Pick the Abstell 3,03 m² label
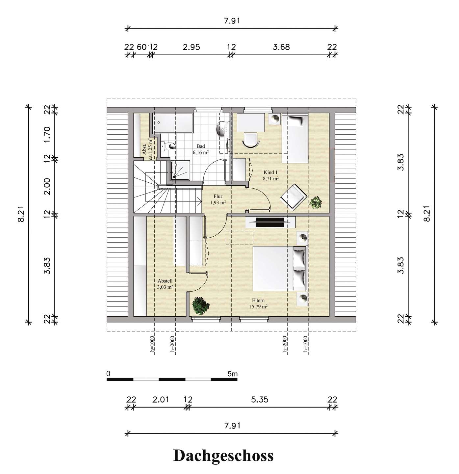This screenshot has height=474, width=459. point(165,284)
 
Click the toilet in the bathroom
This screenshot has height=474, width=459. point(169,146)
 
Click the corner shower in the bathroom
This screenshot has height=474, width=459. point(181,170)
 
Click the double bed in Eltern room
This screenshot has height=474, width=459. point(279,268)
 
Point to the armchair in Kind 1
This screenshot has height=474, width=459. point(292,197)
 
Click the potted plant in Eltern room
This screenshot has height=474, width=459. point(200,305)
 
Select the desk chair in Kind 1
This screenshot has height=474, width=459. point(251,140)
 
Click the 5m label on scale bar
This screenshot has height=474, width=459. point(232,374)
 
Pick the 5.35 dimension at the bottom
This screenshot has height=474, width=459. point(260,400)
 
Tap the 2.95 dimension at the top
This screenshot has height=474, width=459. point(191,47)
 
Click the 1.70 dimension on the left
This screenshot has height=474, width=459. point(47,135)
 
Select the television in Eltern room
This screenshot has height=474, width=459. point(270,222)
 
